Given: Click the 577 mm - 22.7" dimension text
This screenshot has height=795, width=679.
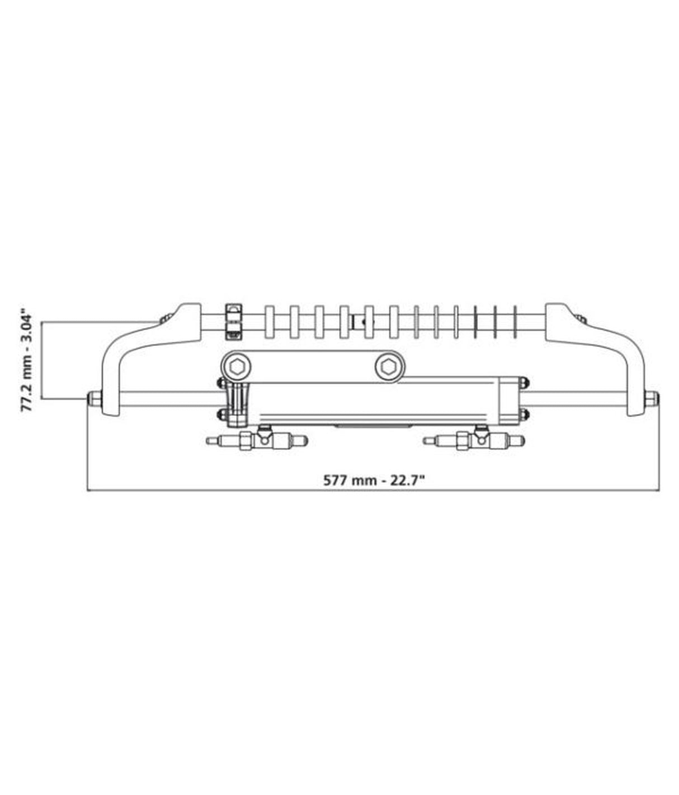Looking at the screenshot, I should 375,480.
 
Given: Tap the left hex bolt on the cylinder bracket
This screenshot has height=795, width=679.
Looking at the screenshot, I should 237,366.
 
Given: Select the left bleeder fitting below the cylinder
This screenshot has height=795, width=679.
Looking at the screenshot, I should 257,440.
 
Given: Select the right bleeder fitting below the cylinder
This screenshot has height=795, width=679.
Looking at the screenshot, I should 474,440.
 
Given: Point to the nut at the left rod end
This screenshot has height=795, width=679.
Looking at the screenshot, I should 93,398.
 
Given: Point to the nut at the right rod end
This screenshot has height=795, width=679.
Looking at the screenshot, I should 650,398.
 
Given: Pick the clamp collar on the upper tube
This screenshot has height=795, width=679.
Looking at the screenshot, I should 233,321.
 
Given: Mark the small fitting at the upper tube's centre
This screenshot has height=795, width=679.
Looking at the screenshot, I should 361,322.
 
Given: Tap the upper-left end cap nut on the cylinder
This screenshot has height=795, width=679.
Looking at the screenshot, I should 221,383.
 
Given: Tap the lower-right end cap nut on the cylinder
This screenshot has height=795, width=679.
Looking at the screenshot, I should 524,414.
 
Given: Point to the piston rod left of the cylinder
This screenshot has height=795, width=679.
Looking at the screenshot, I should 168,398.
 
